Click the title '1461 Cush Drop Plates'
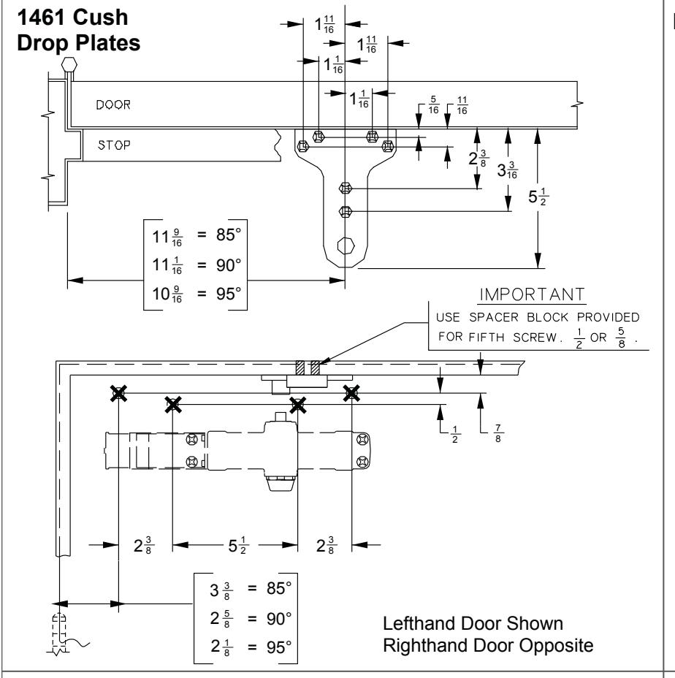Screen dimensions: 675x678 pyautogui.click(x=79, y=30)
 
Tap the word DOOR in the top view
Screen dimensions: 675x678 pyautogui.click(x=113, y=104)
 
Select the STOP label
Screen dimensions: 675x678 pyautogui.click(x=114, y=145)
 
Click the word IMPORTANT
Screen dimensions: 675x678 pyautogui.click(x=533, y=294)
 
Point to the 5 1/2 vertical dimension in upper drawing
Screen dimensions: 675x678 pyautogui.click(x=538, y=197)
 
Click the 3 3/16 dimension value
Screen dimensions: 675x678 pyautogui.click(x=507, y=170)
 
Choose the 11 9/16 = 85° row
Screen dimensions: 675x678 pyautogui.click(x=197, y=236)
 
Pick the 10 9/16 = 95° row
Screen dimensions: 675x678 pyautogui.click(x=197, y=294)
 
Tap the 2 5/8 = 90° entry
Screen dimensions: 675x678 pyautogui.click(x=251, y=618)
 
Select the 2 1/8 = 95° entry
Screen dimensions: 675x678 pyautogui.click(x=251, y=647)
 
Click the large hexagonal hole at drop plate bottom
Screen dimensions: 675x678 pyautogui.click(x=346, y=246)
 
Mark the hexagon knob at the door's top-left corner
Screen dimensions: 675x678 pyautogui.click(x=69, y=65)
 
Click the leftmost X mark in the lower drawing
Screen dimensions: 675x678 pyautogui.click(x=118, y=394)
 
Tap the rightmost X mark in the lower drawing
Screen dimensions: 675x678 pyautogui.click(x=351, y=394)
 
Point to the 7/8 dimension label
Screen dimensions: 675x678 pyautogui.click(x=497, y=433)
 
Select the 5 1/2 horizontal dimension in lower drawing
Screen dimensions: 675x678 pyautogui.click(x=237, y=545)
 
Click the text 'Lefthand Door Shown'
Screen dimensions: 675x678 pyautogui.click(x=473, y=623)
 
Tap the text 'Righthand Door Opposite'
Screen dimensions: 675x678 pyautogui.click(x=488, y=646)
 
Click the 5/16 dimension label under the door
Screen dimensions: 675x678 pyautogui.click(x=433, y=105)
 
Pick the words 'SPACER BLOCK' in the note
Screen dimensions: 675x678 pyautogui.click(x=519, y=317)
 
